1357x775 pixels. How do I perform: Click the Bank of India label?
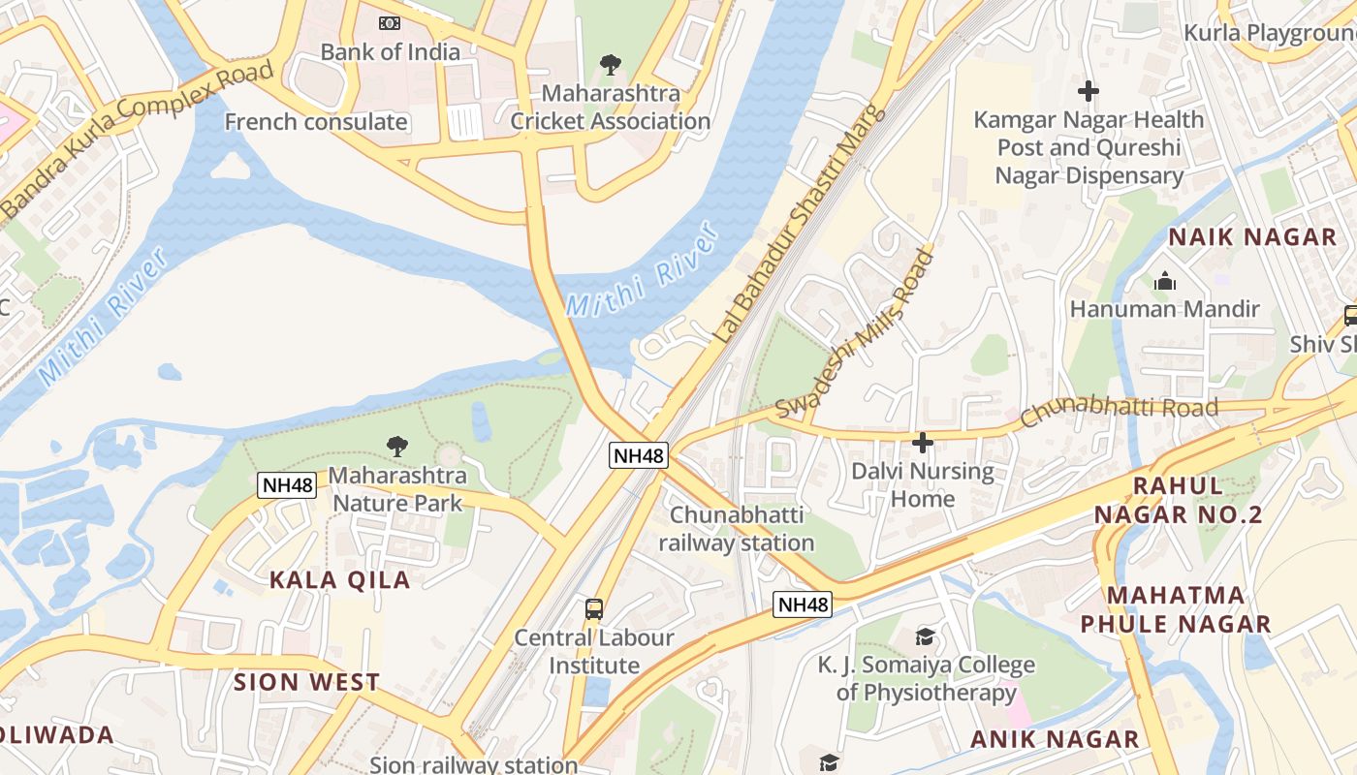click(390, 52)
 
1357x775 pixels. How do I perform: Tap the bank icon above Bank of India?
click(390, 22)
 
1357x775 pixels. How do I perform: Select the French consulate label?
click(316, 122)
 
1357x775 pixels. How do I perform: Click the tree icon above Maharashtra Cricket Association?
click(610, 65)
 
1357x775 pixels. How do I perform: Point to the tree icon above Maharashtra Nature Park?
click(396, 446)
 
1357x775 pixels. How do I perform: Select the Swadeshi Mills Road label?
click(856, 332)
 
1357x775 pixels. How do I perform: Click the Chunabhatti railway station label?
click(737, 529)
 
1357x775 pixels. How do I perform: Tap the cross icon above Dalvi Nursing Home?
click(923, 443)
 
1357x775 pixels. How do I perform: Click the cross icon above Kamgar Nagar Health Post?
click(1089, 92)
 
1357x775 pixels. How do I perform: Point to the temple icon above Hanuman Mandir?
click(1164, 282)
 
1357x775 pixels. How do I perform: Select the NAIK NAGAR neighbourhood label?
click(1252, 237)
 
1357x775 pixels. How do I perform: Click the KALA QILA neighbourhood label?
click(339, 580)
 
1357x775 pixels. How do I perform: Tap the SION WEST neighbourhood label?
click(306, 682)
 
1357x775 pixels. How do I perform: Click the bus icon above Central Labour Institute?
click(594, 609)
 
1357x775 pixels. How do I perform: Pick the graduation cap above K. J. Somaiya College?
click(926, 636)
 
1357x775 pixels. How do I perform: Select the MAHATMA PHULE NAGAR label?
click(1176, 609)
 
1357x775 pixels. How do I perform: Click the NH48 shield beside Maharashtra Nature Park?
click(287, 485)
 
